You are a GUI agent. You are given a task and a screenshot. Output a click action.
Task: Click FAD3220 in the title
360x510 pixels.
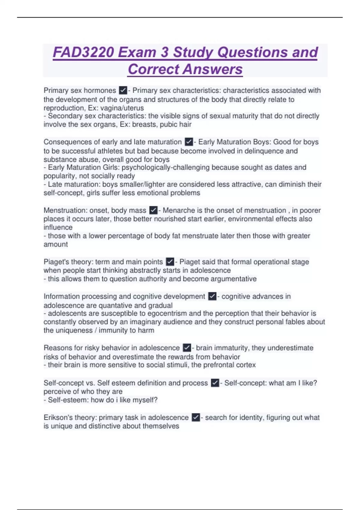point(83,52)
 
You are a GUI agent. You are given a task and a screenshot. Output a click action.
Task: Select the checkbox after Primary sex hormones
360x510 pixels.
point(123,90)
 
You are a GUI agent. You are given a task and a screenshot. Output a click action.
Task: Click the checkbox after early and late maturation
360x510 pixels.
point(189,142)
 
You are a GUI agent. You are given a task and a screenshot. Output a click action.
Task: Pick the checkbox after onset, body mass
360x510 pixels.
point(153,210)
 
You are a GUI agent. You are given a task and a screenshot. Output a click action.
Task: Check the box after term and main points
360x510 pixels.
point(170,262)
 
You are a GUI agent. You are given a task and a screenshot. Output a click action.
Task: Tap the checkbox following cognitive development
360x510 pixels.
point(212,296)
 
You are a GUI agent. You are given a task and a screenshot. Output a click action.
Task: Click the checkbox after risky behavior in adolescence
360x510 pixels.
point(187,348)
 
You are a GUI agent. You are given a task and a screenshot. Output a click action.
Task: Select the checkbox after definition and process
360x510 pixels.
point(215,383)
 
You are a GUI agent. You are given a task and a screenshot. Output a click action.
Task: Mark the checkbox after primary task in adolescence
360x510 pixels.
point(196,417)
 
